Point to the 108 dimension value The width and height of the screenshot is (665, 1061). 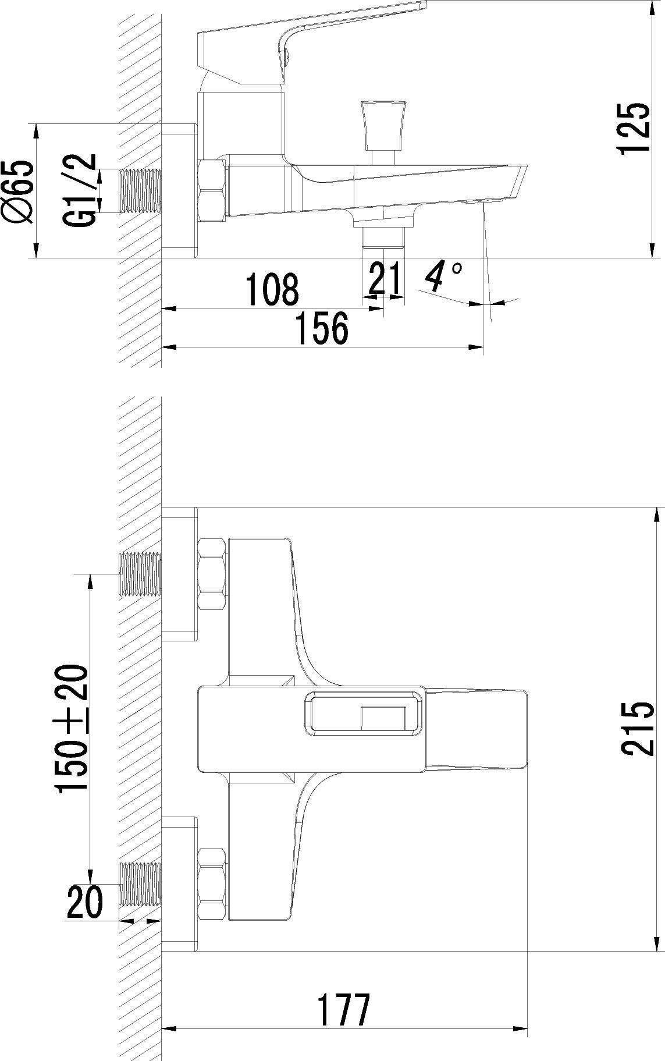tap(272, 289)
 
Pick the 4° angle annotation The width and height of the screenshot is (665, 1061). tap(443, 276)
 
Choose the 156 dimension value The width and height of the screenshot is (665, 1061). tap(322, 328)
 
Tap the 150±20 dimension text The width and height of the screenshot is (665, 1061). tap(72, 730)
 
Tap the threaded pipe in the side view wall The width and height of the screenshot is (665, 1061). tap(140, 190)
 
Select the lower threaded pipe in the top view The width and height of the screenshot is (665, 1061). tap(140, 885)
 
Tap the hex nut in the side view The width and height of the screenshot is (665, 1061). tap(212, 191)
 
